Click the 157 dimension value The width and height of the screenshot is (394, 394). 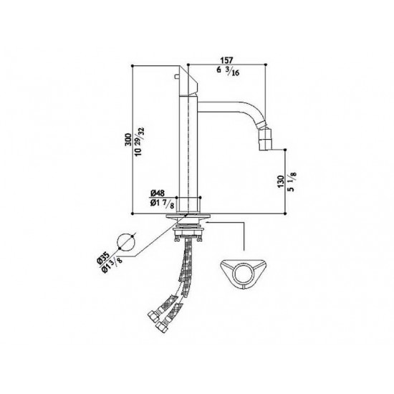(226, 60)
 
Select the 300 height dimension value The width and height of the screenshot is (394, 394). (128, 140)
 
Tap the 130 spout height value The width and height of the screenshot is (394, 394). (281, 182)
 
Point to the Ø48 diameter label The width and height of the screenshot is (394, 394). (158, 193)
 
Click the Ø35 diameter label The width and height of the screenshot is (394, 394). (103, 258)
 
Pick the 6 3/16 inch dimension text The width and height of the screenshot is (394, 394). (228, 72)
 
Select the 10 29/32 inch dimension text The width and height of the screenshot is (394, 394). (140, 141)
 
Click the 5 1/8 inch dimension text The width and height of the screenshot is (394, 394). (293, 181)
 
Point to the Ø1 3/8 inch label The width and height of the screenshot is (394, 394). (112, 265)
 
